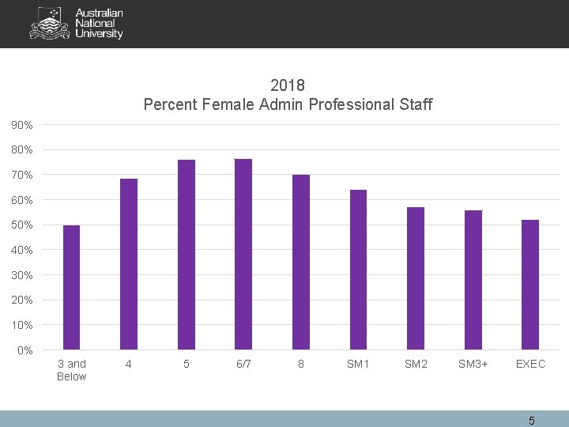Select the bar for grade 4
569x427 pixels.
(x=129, y=264)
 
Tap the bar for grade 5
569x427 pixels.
(x=187, y=255)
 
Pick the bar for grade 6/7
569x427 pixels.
(x=243, y=254)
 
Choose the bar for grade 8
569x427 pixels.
(x=301, y=262)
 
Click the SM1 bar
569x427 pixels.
(x=358, y=270)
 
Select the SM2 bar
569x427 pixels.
(x=416, y=278)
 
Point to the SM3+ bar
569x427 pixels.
(x=473, y=280)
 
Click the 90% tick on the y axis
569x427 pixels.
(x=22, y=125)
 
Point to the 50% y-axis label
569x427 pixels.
(x=22, y=225)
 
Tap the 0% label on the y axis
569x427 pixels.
(x=24, y=350)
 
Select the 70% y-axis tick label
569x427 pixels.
(x=22, y=175)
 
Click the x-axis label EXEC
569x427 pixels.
(x=530, y=364)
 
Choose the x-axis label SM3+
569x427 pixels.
(x=473, y=364)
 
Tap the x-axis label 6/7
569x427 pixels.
(x=243, y=364)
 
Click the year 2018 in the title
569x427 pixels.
(x=288, y=85)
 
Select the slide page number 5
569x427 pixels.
(x=532, y=421)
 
